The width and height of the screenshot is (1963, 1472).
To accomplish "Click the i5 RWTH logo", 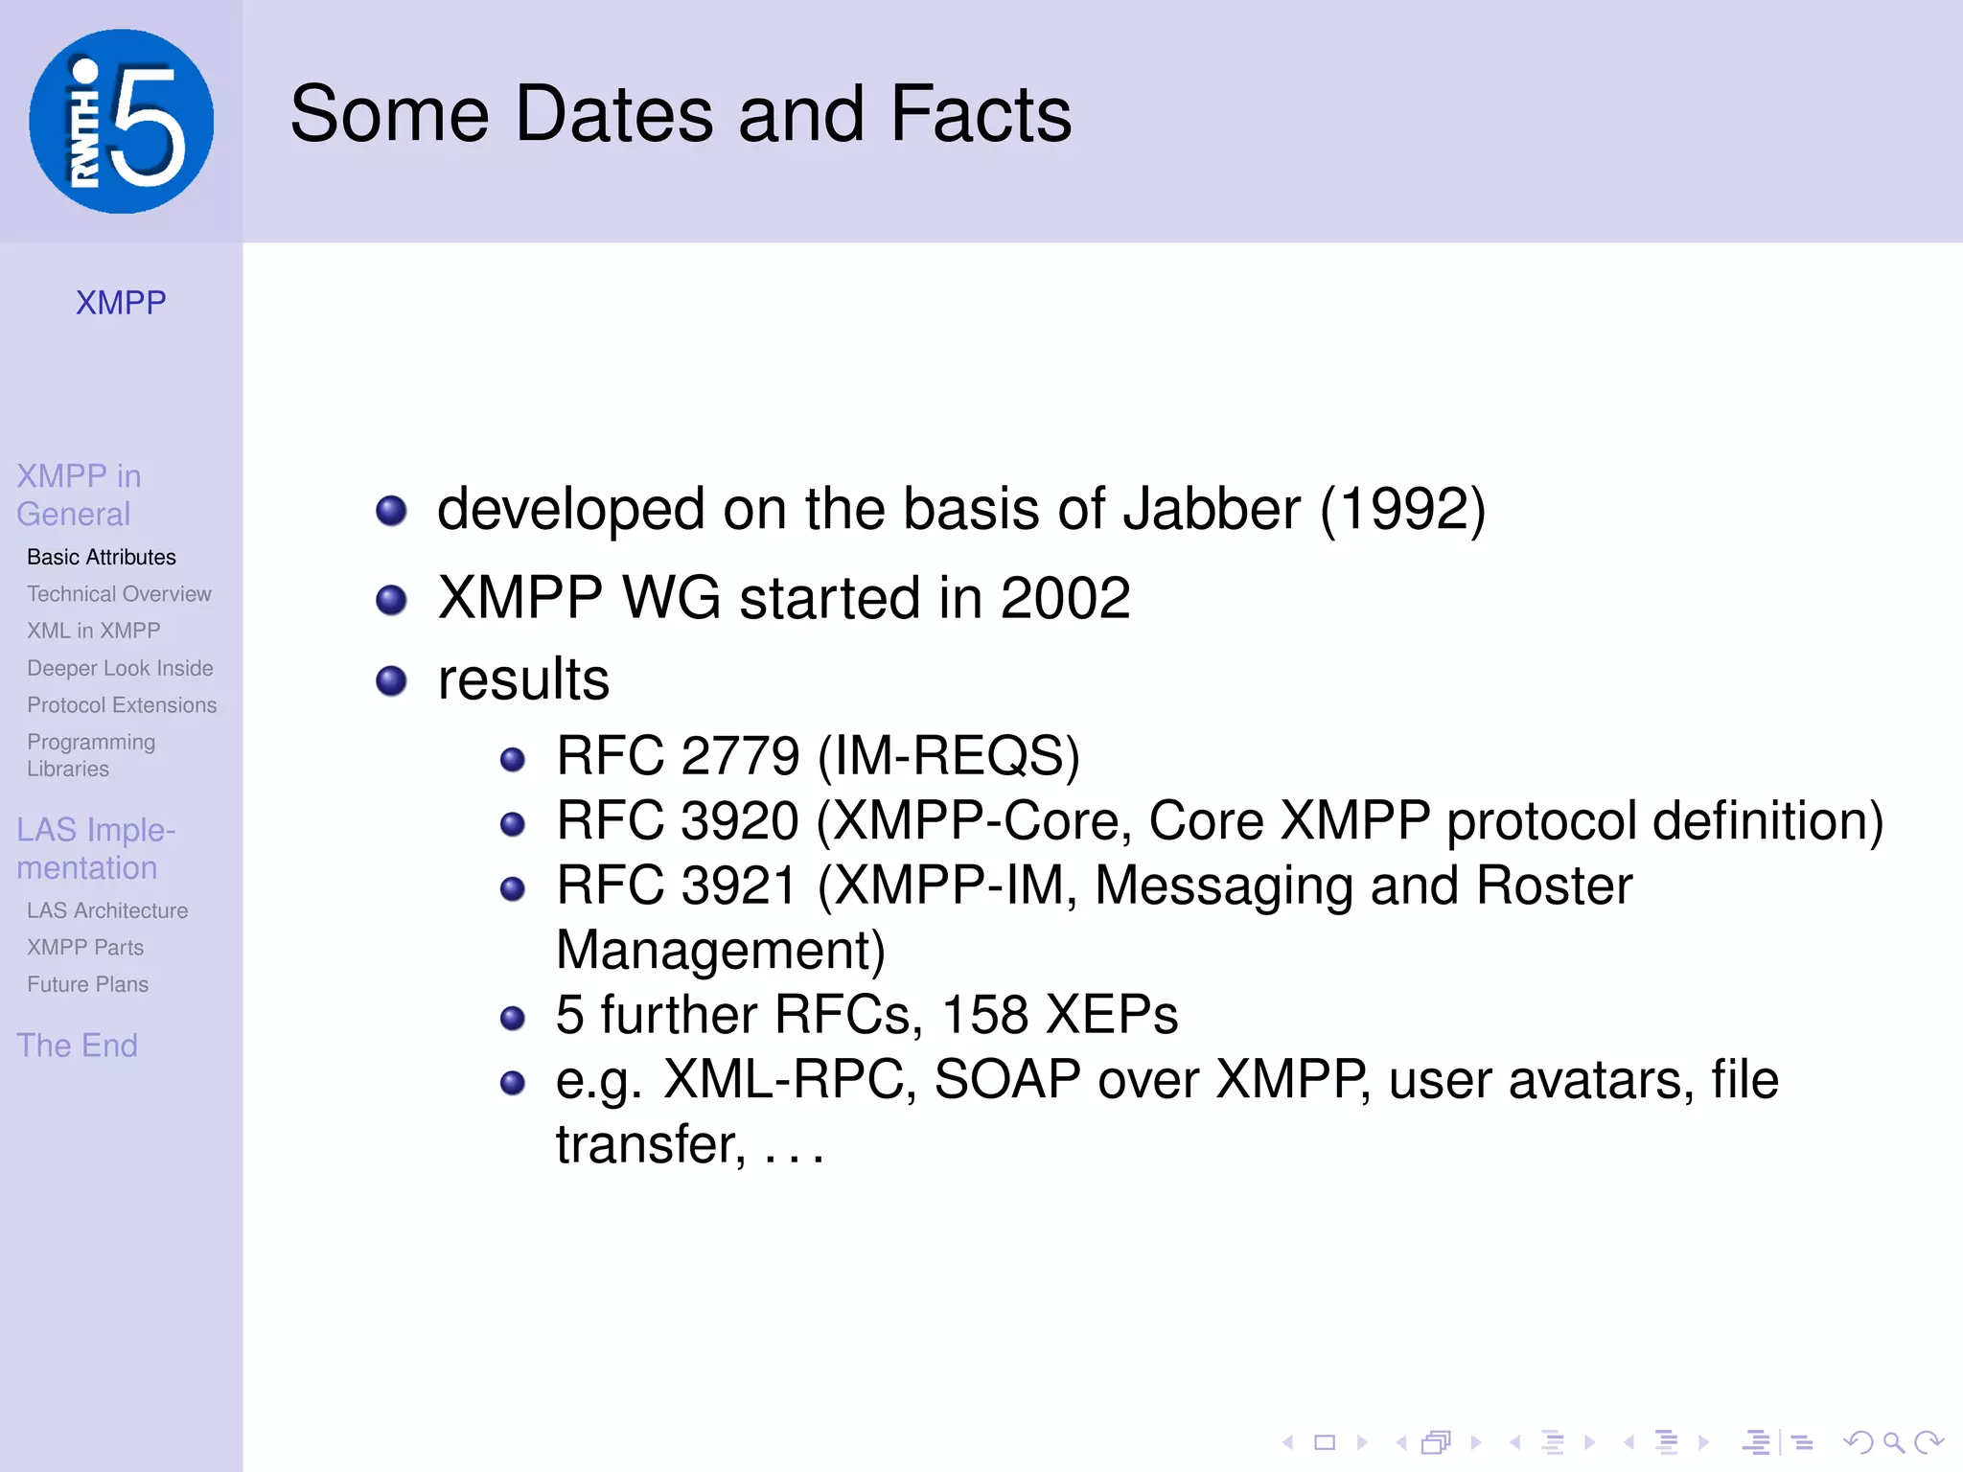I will pyautogui.click(x=121, y=121).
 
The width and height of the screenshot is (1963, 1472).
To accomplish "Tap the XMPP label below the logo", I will pyautogui.click(x=121, y=303).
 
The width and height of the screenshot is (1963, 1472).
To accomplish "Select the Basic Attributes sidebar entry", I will pyautogui.click(x=102, y=557).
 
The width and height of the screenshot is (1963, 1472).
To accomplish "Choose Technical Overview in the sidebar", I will pyautogui.click(x=119, y=594).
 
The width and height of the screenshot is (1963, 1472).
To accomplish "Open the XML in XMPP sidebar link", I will pyautogui.click(x=93, y=631).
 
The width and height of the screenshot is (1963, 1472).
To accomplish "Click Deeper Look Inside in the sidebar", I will pyautogui.click(x=120, y=668).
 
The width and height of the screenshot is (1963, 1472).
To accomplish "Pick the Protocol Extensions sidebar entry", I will pyautogui.click(x=122, y=705).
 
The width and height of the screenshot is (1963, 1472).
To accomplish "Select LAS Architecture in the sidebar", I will pyautogui.click(x=107, y=910).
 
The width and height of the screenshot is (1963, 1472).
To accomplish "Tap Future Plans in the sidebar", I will pyautogui.click(x=87, y=984).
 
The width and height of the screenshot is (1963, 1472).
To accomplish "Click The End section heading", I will pyautogui.click(x=77, y=1045).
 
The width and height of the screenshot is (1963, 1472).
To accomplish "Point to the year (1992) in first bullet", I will pyautogui.click(x=1402, y=509).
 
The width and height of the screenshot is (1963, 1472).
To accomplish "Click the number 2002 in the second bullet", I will pyautogui.click(x=1065, y=598).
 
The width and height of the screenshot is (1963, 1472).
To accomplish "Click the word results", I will pyautogui.click(x=523, y=679).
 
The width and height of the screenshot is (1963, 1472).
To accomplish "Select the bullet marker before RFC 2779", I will pyautogui.click(x=513, y=760).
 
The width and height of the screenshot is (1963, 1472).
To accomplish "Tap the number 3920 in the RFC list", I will pyautogui.click(x=739, y=820).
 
